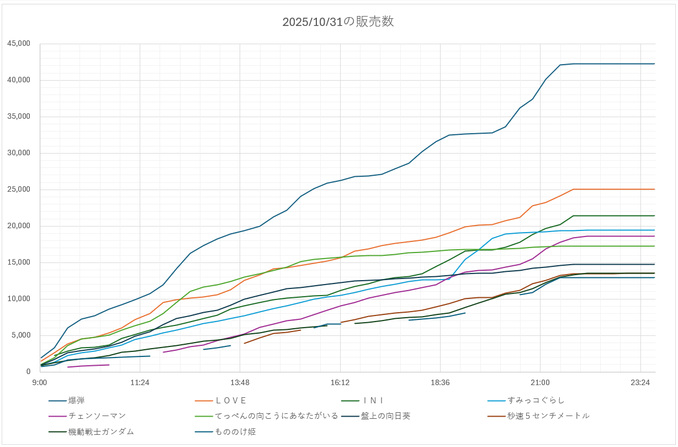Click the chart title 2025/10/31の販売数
click(338, 22)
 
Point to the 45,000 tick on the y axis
click(19, 44)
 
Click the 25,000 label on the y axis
click(19, 190)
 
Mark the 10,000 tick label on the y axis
click(19, 299)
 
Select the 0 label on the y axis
click(28, 372)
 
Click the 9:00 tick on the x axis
click(40, 382)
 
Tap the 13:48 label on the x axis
click(240, 382)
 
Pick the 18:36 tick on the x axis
click(439, 382)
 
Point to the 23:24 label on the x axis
click(640, 382)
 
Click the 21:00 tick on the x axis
click(540, 382)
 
